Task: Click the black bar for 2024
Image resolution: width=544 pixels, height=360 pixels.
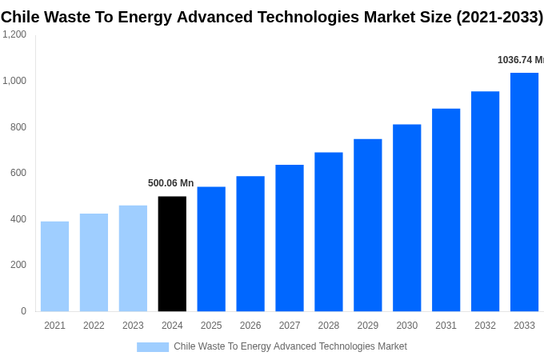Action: [x=172, y=254]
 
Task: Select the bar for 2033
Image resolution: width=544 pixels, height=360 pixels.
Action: [x=524, y=192]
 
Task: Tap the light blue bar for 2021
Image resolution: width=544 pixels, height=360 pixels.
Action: [x=54, y=266]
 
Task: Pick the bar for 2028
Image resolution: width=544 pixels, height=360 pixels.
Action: [x=328, y=232]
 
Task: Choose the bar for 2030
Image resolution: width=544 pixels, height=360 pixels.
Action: [x=406, y=218]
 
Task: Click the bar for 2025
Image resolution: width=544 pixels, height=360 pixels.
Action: [x=211, y=249]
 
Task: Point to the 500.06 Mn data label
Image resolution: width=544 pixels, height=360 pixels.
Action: [x=170, y=183]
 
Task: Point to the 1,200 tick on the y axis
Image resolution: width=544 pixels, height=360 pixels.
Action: [x=14, y=34]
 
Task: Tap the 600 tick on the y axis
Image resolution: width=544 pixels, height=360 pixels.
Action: [x=18, y=173]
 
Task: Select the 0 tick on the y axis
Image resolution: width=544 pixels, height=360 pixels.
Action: [x=23, y=311]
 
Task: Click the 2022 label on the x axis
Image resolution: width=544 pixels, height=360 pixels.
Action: [x=94, y=326]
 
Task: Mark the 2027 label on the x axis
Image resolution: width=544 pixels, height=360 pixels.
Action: [x=290, y=326]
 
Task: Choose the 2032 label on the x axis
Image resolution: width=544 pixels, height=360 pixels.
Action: [x=485, y=326]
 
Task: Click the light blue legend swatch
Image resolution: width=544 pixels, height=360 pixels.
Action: [x=153, y=347]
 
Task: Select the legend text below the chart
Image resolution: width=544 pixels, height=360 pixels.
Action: [x=290, y=346]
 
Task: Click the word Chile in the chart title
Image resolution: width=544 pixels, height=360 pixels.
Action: [x=22, y=17]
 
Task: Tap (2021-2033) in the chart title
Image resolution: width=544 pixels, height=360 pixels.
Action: [x=499, y=17]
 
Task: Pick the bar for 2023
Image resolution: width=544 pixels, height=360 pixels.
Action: [x=133, y=258]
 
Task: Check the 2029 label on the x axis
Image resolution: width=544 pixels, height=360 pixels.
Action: [x=367, y=326]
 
